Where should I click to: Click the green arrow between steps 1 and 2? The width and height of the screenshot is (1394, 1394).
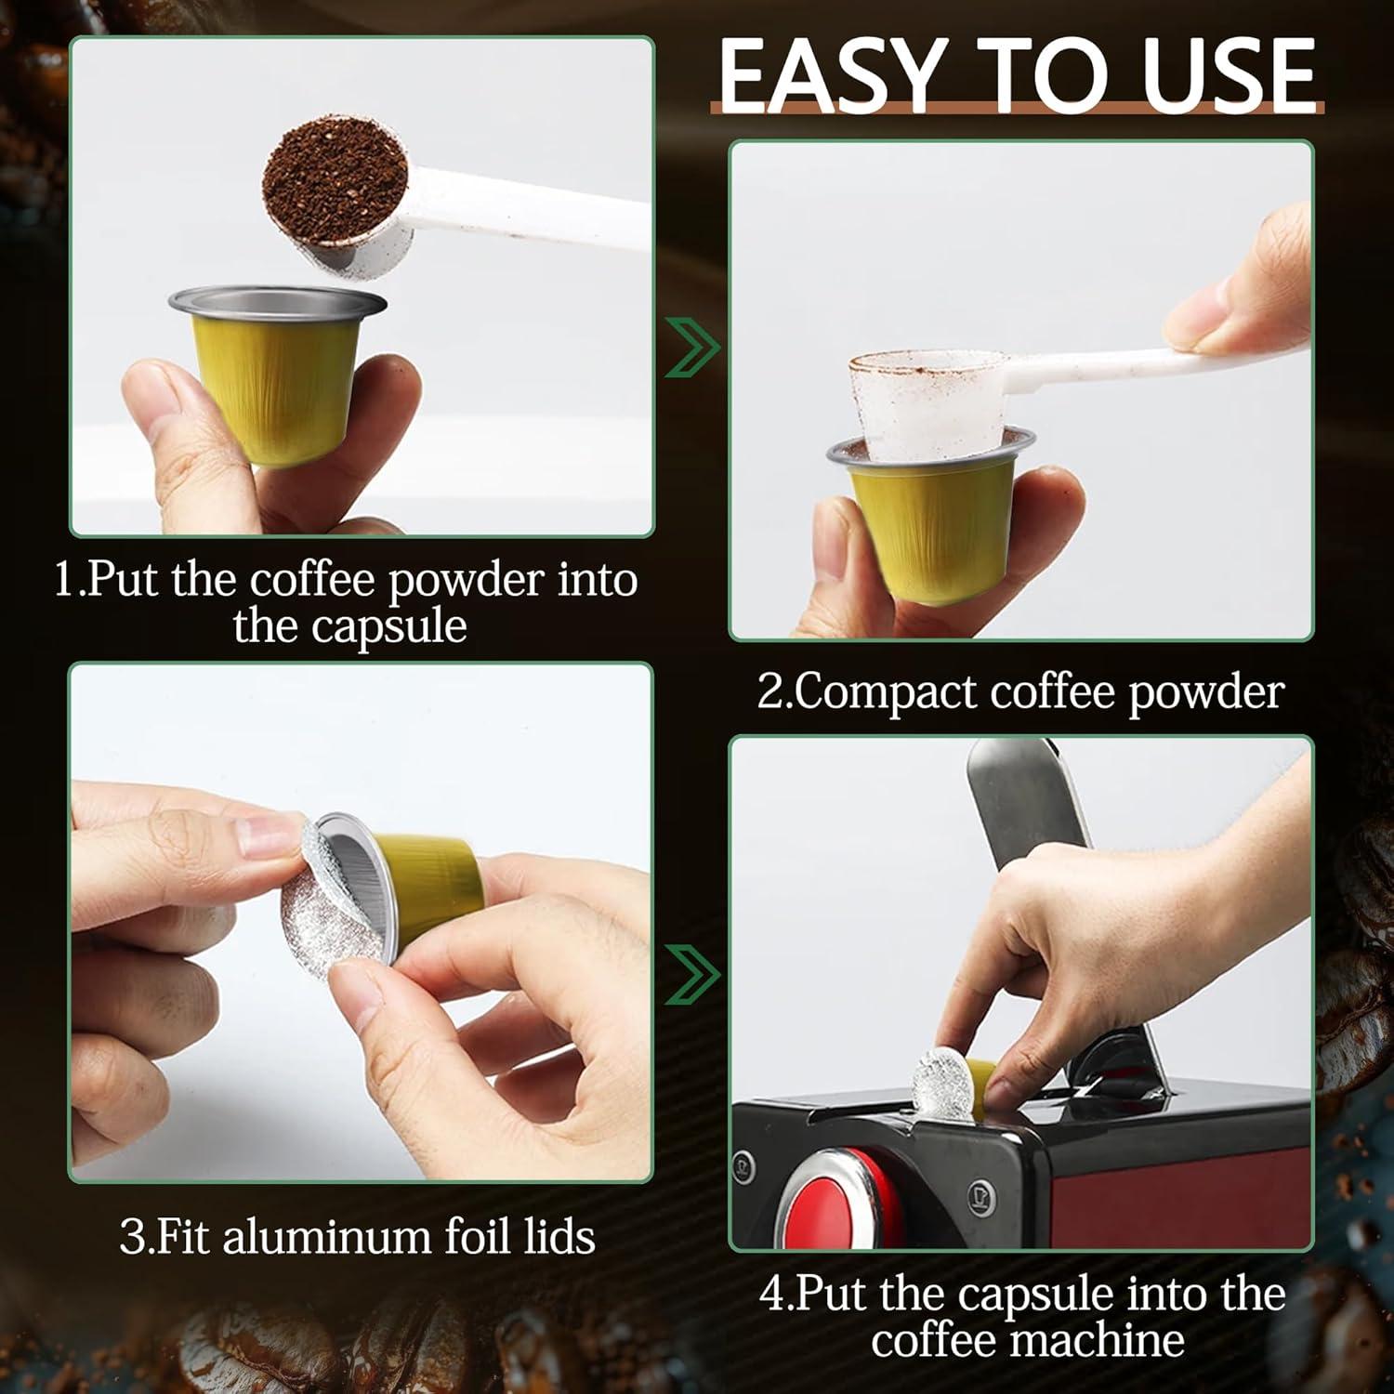pos(693,349)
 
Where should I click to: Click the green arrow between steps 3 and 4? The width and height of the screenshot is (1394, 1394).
pos(693,976)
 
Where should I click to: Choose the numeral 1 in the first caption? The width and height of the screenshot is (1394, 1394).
pos(63,580)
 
